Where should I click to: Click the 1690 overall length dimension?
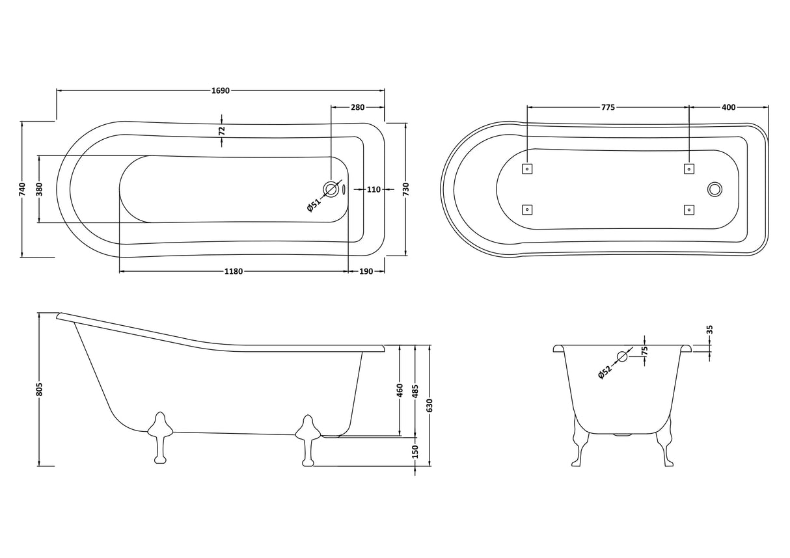221,91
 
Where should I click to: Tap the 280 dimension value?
357,107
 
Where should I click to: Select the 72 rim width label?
222,131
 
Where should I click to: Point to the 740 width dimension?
22,189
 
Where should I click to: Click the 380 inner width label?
39,189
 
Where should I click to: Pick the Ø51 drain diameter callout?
314,206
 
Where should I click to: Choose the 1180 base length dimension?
234,271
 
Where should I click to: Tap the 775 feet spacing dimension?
608,107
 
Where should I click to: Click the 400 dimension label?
729,107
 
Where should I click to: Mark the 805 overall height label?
39,389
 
